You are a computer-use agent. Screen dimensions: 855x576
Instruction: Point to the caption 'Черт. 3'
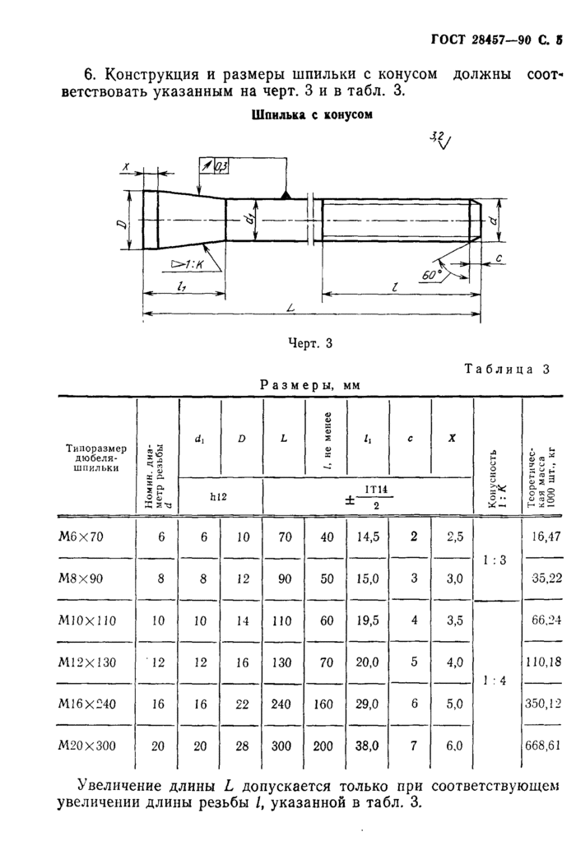311,343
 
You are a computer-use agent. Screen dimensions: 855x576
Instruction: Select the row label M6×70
87,537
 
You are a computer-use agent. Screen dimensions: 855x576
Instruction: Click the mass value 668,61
541,746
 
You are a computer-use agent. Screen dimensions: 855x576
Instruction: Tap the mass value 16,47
545,537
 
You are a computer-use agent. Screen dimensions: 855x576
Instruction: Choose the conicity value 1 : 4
495,681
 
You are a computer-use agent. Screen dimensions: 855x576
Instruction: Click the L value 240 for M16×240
283,704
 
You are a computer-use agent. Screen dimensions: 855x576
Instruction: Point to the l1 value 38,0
366,746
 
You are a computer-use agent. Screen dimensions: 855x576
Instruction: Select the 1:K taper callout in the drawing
188,263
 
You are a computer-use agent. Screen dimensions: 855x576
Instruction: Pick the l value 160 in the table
326,704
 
